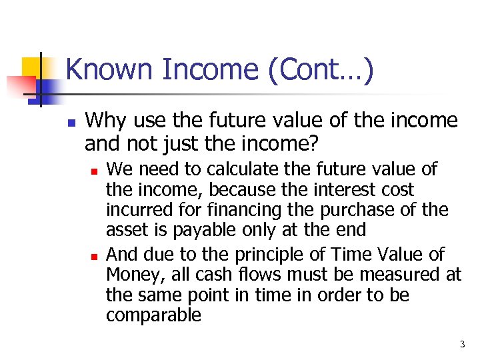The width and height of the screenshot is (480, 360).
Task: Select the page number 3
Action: (462, 345)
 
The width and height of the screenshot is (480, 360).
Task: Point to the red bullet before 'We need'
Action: (95, 172)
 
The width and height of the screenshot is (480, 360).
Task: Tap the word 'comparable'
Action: (153, 315)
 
